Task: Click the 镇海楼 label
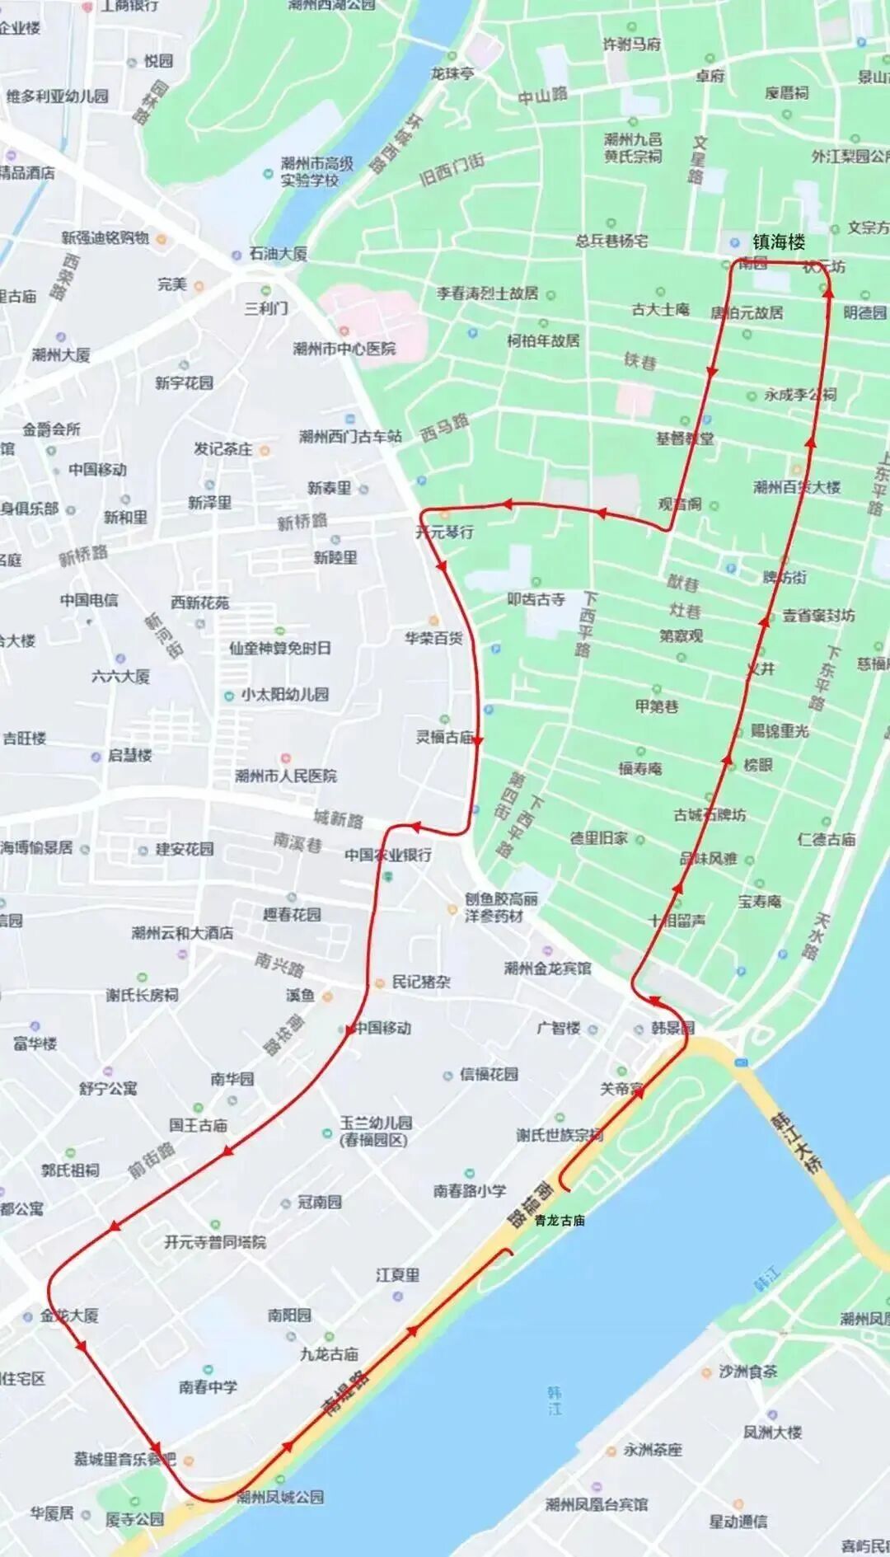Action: click(778, 242)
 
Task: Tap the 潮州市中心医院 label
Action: click(344, 349)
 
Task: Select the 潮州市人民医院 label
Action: click(286, 776)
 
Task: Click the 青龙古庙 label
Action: click(560, 1220)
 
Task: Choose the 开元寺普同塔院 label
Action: click(214, 1241)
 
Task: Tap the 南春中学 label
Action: click(208, 1386)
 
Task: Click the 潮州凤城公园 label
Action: click(280, 1496)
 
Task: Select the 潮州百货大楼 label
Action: click(796, 487)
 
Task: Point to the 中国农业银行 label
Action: click(387, 855)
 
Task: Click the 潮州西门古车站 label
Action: click(350, 436)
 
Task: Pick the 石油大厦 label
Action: click(278, 254)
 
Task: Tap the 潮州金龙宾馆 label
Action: click(547, 968)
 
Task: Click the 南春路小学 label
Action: click(470, 1190)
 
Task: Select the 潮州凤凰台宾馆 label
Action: click(596, 1505)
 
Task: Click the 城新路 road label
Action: click(338, 818)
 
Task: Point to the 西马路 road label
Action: click(445, 427)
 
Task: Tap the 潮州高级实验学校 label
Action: click(316, 171)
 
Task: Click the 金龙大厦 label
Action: click(69, 1315)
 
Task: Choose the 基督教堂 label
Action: click(685, 438)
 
